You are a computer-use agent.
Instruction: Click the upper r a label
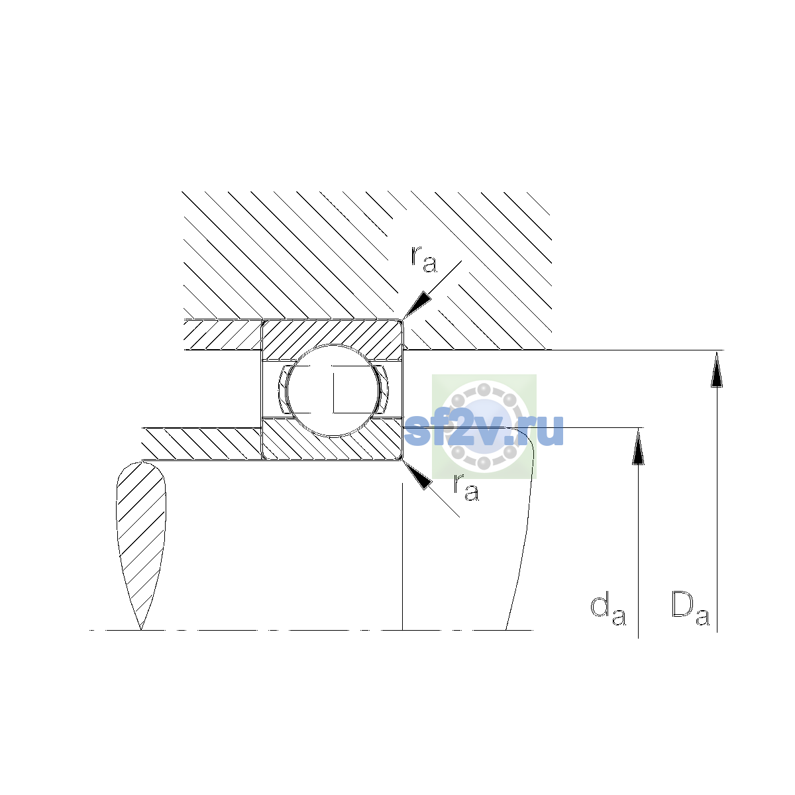tap(424, 259)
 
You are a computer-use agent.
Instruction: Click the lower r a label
tap(466, 488)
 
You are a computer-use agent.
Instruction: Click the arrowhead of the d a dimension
tap(638, 447)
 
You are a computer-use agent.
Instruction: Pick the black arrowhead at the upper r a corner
tap(417, 305)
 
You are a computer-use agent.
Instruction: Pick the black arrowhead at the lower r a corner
tap(417, 475)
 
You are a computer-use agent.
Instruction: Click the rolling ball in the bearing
tap(333, 390)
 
